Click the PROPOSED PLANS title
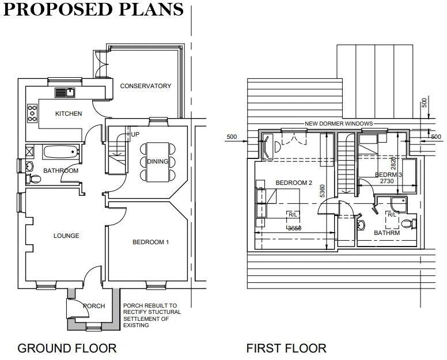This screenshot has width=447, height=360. pyautogui.click(x=93, y=10)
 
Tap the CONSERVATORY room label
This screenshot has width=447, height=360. pyautogui.click(x=145, y=86)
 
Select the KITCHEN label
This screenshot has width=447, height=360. pyautogui.click(x=69, y=113)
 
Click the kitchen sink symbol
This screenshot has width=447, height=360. pyautogui.click(x=65, y=92)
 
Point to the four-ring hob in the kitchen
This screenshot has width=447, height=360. pyautogui.click(x=32, y=112)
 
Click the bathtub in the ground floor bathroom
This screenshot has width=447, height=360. pyautogui.click(x=61, y=152)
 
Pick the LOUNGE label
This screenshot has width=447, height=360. pyautogui.click(x=66, y=236)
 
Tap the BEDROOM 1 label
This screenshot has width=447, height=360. pyautogui.click(x=150, y=242)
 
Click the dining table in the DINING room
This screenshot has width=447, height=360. pyautogui.click(x=157, y=161)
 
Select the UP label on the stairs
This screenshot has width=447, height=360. pyautogui.click(x=135, y=135)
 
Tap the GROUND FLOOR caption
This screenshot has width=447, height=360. pyautogui.click(x=67, y=348)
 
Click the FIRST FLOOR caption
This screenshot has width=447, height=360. pyautogui.click(x=286, y=348)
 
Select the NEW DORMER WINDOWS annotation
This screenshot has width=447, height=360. pyautogui.click(x=338, y=124)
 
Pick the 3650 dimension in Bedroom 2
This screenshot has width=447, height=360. pyautogui.click(x=294, y=228)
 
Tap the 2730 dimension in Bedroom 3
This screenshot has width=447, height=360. pyautogui.click(x=385, y=181)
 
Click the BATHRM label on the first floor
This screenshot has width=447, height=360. pyautogui.click(x=387, y=233)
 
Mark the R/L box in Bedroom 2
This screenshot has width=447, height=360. pyautogui.click(x=293, y=215)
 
